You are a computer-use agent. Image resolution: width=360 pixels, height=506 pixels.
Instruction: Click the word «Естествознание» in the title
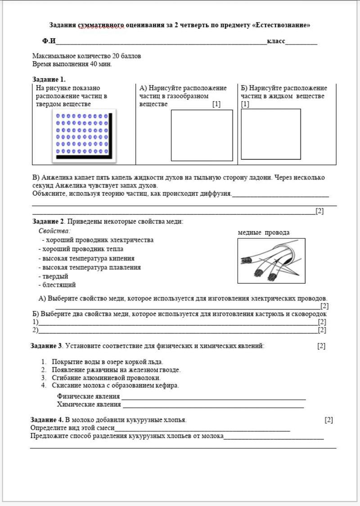[283, 25]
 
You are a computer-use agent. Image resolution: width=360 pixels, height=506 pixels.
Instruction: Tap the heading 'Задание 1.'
[49, 79]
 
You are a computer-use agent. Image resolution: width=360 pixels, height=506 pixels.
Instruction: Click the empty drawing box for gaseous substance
[202, 135]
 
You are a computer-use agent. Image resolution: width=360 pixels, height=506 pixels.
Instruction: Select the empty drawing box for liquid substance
[271, 134]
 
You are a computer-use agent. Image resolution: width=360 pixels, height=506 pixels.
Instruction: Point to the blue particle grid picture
[84, 135]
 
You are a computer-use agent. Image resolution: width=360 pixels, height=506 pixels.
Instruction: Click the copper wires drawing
[271, 261]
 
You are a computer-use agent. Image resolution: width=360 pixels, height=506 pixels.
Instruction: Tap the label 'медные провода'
[264, 233]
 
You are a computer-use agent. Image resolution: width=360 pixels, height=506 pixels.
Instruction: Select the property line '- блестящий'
[57, 285]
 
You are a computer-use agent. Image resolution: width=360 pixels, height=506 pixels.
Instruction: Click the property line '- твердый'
[53, 276]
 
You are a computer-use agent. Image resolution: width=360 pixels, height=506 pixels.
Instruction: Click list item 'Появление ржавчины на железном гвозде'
[116, 370]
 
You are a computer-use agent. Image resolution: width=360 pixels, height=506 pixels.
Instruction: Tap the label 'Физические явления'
[88, 396]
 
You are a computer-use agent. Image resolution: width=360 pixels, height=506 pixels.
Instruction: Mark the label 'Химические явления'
[89, 404]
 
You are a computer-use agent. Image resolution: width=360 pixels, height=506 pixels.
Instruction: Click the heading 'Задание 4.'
[47, 420]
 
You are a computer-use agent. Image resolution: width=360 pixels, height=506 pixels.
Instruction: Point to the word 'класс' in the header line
[276, 41]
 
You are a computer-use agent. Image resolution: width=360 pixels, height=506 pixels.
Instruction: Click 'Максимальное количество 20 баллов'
[86, 56]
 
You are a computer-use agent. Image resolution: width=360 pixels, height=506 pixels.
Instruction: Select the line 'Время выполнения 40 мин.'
[72, 64]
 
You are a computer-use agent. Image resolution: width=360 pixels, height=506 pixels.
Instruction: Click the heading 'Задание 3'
[46, 346]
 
